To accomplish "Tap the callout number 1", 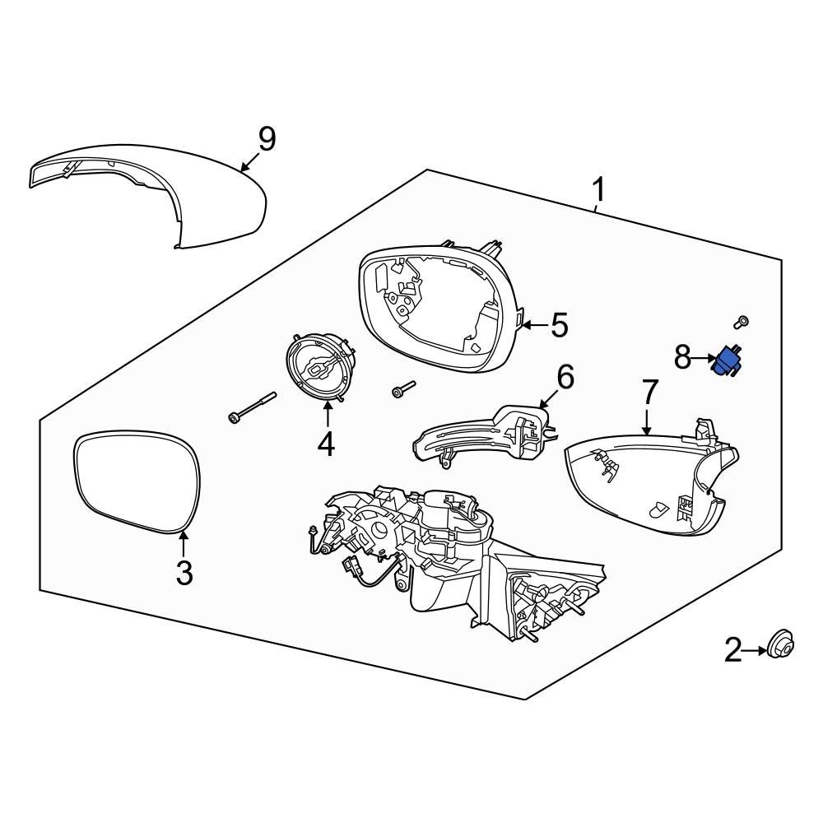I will pyautogui.click(x=599, y=191).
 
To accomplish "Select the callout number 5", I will pyautogui.click(x=559, y=326).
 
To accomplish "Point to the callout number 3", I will pyautogui.click(x=184, y=572).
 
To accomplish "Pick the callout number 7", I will pyautogui.click(x=649, y=393).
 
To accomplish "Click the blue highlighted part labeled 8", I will pyautogui.click(x=726, y=361).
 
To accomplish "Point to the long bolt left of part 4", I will pyautogui.click(x=250, y=407).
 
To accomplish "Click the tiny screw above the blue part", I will pyautogui.click(x=742, y=323).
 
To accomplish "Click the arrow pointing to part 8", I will pyautogui.click(x=706, y=359).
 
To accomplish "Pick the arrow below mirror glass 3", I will pyautogui.click(x=184, y=545).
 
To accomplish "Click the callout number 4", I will pyautogui.click(x=326, y=444).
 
